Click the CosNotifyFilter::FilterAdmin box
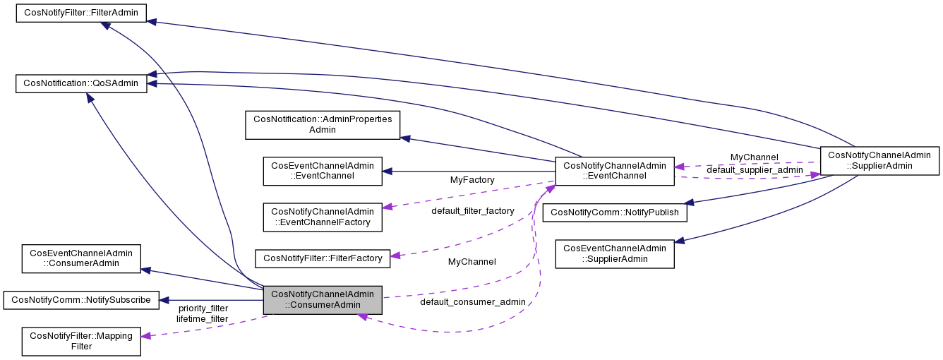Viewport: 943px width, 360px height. click(x=81, y=13)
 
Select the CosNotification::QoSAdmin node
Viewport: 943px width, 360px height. click(x=81, y=83)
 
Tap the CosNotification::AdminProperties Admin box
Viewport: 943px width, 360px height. click(x=322, y=124)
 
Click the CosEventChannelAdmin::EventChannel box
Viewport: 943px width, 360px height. click(x=323, y=171)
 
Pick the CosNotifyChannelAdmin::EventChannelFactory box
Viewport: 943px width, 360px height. click(x=323, y=217)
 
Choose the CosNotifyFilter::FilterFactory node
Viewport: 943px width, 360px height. click(x=323, y=258)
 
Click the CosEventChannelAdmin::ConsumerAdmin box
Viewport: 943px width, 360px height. click(x=81, y=258)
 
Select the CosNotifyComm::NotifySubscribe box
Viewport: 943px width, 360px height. click(x=81, y=299)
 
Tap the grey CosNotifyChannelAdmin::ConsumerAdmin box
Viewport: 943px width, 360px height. click(x=323, y=300)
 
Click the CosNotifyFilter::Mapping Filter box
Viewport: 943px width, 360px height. click(x=81, y=341)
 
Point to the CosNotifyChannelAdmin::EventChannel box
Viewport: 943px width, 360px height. click(x=615, y=171)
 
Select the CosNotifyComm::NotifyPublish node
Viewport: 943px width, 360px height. click(x=615, y=212)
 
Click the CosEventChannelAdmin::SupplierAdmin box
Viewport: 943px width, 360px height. click(x=615, y=253)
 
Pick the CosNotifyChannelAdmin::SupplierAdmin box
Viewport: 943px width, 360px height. click(x=879, y=160)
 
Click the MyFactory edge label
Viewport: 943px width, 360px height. click(x=472, y=180)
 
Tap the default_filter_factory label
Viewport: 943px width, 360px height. click(x=473, y=210)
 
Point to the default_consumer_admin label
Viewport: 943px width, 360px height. click(x=473, y=302)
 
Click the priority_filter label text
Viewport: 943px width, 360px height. click(x=203, y=308)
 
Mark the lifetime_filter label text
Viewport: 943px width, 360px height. click(x=203, y=318)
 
